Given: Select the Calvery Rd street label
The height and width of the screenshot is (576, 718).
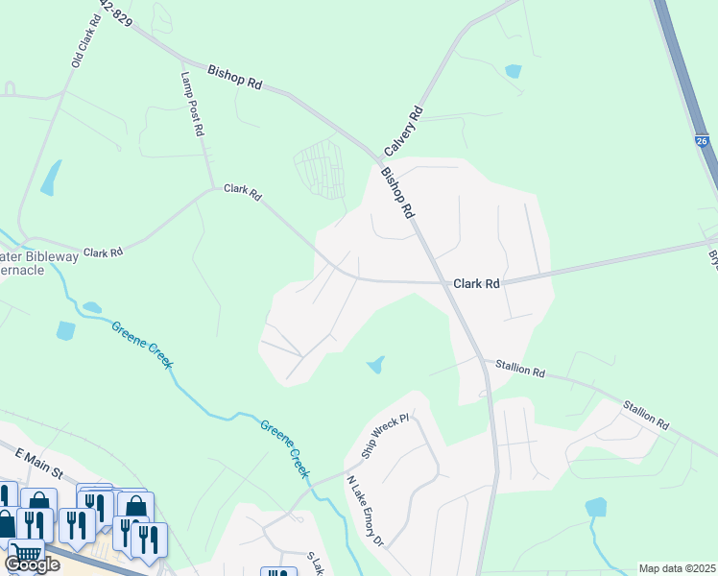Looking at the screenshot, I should [403, 132].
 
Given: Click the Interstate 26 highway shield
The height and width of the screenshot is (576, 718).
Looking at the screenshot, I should [704, 141].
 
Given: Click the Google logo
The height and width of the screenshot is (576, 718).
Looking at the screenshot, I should [32, 564].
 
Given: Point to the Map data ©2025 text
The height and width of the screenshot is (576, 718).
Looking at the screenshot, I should [678, 568].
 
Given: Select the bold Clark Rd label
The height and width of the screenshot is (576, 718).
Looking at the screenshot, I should [477, 284].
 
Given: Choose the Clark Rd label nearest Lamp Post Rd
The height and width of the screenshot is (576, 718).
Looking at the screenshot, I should [242, 192].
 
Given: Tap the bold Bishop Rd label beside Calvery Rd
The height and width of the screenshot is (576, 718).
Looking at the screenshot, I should [396, 193].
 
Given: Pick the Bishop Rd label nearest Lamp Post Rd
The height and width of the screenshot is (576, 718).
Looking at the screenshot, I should [235, 78].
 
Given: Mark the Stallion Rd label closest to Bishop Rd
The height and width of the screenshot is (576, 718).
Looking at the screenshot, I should [520, 367].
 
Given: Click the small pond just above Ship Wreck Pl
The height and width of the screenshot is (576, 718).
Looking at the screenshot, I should [375, 365].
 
